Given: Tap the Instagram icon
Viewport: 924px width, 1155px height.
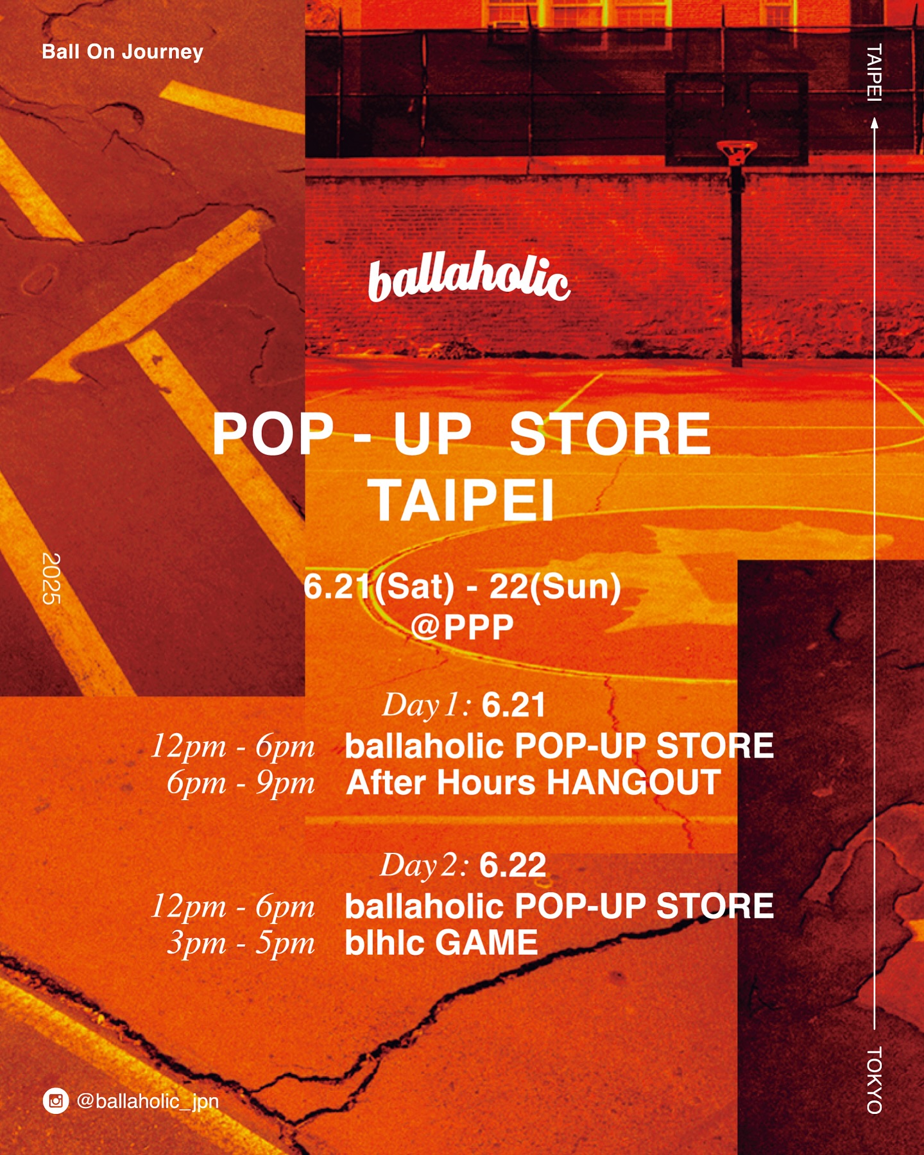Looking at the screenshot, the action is point(56,1101).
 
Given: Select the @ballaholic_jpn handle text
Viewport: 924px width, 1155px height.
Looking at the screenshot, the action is point(148,1102).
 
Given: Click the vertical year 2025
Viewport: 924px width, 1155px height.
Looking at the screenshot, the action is point(51,578).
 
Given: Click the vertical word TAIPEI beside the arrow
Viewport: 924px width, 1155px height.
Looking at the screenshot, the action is point(874,73).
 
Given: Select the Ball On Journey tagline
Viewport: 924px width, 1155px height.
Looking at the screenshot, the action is point(123,51).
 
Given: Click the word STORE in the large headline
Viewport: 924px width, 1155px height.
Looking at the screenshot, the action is point(610,434).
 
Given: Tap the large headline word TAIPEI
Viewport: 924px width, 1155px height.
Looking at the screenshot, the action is point(461,501).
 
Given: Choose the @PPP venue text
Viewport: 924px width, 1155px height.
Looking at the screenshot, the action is point(462,626).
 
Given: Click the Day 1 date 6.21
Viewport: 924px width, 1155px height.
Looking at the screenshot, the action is point(513,705).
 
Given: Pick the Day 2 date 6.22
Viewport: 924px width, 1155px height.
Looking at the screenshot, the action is point(512,865).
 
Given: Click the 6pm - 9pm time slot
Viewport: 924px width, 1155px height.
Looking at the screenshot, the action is point(241,783).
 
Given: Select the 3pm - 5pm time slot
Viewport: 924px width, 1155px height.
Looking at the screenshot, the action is point(241,944).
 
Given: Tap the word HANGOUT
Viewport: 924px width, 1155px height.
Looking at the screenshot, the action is point(633,783).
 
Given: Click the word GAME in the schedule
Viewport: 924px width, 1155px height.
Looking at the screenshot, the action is point(486,943).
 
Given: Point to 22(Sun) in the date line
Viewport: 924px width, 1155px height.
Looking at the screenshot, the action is point(555,587).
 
